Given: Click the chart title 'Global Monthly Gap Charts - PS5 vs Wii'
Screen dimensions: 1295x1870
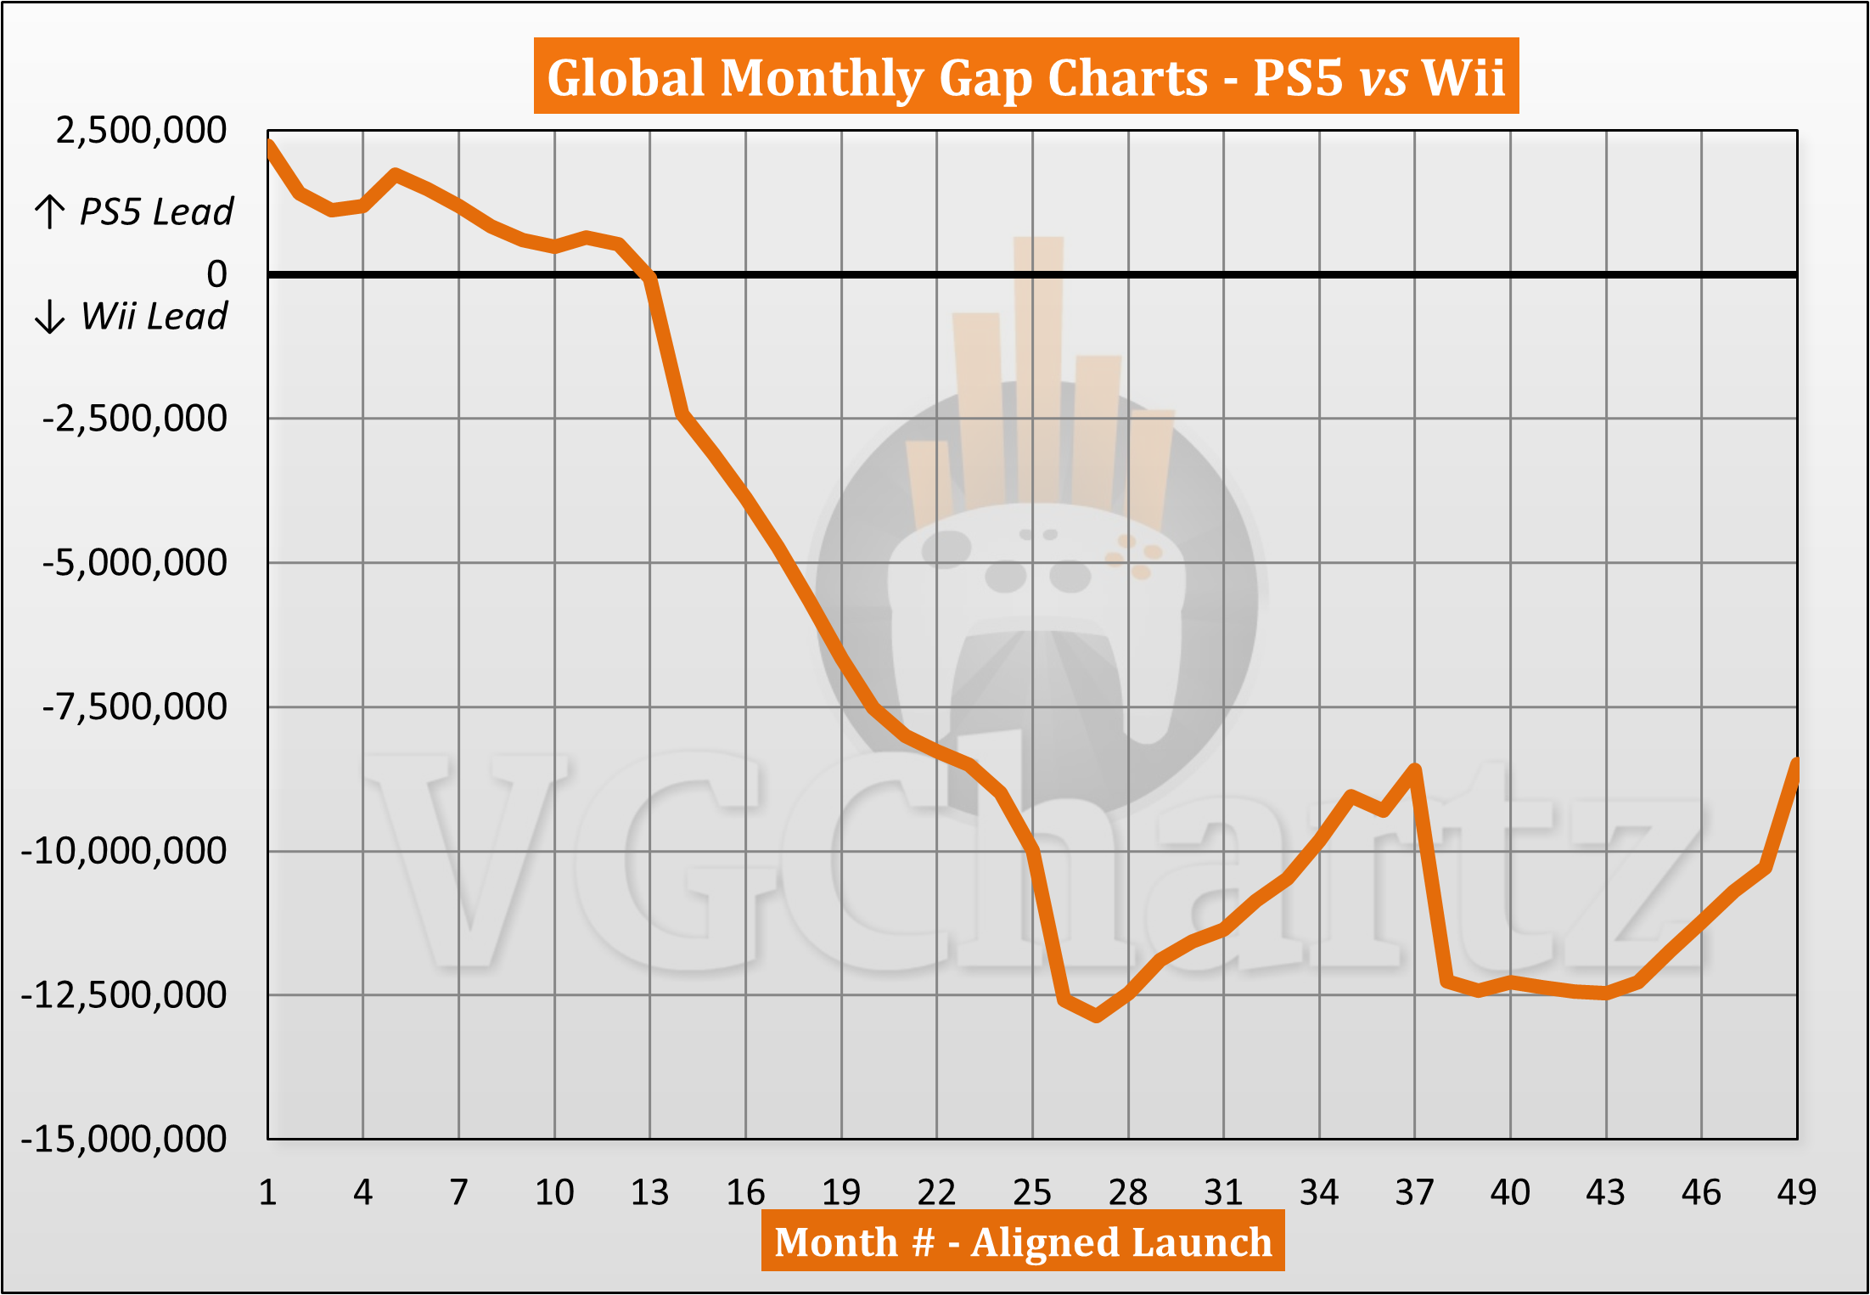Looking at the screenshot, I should click(1025, 77).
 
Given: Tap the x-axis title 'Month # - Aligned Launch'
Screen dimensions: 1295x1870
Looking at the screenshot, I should click(1023, 1242).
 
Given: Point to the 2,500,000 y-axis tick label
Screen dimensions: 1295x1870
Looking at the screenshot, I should click(141, 131).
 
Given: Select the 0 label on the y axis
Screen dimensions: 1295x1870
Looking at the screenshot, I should click(216, 274).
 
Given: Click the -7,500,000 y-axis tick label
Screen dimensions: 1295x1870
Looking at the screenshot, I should click(134, 707).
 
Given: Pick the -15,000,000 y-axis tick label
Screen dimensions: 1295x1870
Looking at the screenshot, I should click(123, 1139).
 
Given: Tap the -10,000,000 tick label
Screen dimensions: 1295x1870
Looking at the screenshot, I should click(123, 851).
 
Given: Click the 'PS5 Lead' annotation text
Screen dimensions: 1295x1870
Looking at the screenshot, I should click(155, 211).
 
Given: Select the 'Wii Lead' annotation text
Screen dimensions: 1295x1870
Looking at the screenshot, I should click(154, 316).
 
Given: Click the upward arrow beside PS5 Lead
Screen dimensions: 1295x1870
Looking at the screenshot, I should click(50, 211).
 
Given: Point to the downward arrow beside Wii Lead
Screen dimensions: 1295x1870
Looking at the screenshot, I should click(50, 316).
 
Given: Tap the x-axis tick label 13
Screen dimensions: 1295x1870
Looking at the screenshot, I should click(649, 1193).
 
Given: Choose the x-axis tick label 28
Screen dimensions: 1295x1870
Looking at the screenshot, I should click(1128, 1193).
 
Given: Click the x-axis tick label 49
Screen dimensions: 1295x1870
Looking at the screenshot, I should click(1796, 1193).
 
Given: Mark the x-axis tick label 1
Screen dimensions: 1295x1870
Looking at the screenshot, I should click(267, 1193).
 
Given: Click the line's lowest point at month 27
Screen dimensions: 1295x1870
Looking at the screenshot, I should click(1097, 1016).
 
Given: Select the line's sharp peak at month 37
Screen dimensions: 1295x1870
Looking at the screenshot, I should click(1415, 769).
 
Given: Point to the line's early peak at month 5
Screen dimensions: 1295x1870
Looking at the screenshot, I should click(396, 175).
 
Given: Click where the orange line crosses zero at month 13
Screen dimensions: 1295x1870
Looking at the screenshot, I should click(650, 275).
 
